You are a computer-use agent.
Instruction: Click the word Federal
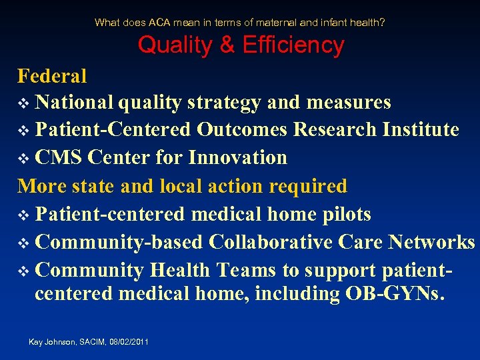point(52,76)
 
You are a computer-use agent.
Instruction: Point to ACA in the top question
point(159,22)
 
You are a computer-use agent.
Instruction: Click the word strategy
point(224,103)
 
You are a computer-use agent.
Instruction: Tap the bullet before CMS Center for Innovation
point(23,159)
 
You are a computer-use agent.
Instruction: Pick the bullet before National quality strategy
point(23,104)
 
